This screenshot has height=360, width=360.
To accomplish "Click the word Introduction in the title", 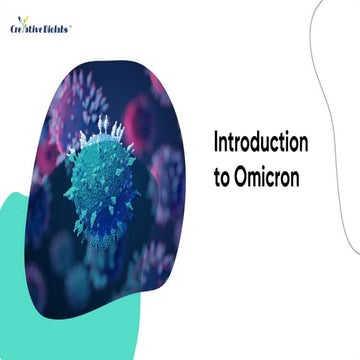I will tap(260, 143).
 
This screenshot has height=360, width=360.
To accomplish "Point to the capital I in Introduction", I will tap(216, 143).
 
